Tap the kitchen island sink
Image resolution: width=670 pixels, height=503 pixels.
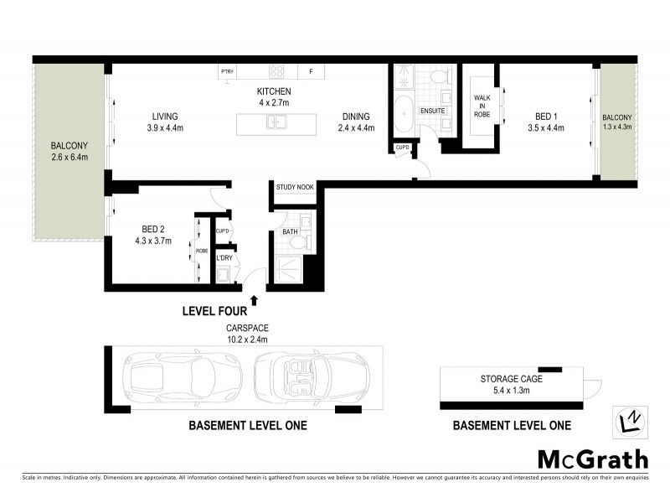point(276,123)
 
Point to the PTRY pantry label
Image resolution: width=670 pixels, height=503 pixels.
point(228,72)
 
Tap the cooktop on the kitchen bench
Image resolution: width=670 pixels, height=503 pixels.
point(276,72)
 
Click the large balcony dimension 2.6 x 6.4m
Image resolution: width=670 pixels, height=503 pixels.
point(70,157)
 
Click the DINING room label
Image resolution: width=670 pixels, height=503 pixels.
point(356,117)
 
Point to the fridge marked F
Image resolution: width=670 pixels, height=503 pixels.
point(312,72)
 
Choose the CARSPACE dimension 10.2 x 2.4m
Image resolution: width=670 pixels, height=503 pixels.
point(245,340)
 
